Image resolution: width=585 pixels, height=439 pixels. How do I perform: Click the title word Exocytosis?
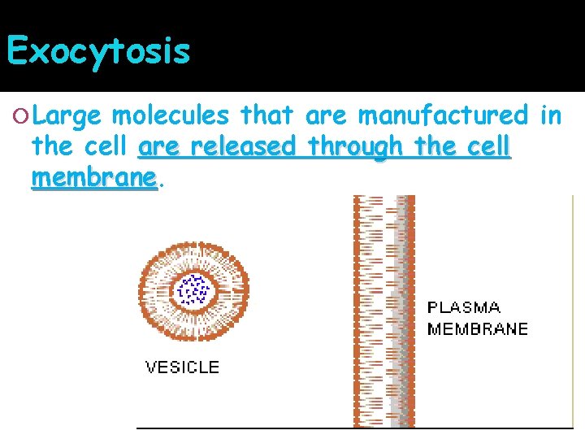click(x=97, y=51)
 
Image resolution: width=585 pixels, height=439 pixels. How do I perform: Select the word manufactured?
click(x=443, y=116)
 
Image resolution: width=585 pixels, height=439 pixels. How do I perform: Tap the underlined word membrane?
click(x=93, y=177)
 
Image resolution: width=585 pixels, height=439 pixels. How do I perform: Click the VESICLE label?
click(x=182, y=367)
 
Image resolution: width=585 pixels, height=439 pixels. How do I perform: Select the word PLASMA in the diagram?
click(x=464, y=308)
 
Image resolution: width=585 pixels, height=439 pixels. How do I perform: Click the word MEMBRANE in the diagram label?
click(x=478, y=329)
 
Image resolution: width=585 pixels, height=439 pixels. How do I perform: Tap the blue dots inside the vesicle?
click(x=193, y=289)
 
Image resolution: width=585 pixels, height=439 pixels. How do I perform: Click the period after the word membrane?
click(x=160, y=184)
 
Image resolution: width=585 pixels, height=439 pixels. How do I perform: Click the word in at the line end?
click(x=550, y=116)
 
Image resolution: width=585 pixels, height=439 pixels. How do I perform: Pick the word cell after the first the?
click(x=102, y=147)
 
